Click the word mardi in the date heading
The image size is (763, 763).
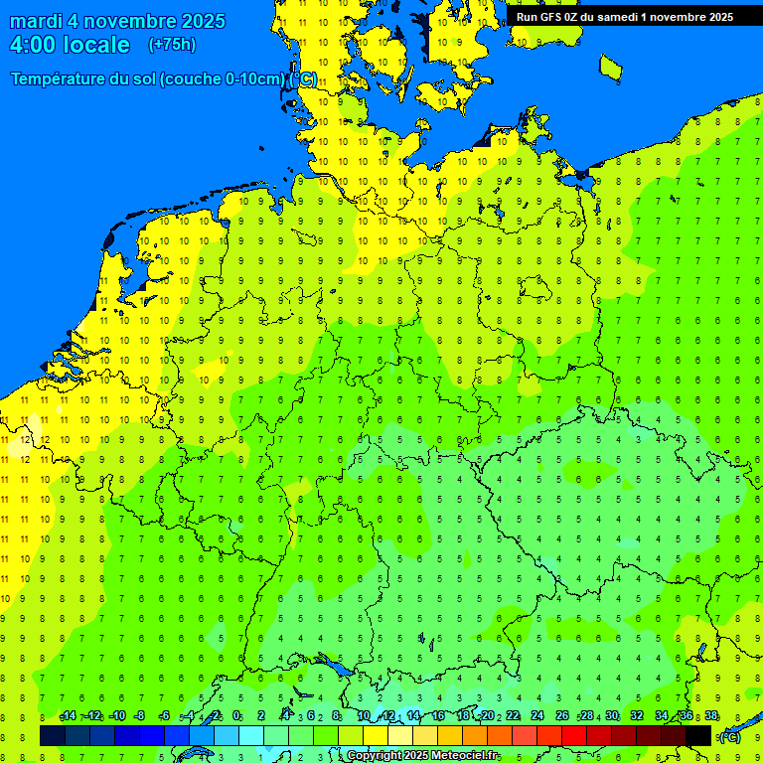tap(36, 21)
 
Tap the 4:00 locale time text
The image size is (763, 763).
tap(70, 45)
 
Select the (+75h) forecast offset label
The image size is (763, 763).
tap(172, 45)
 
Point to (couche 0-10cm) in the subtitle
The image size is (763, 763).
tap(224, 79)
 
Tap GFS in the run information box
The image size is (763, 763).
tap(554, 16)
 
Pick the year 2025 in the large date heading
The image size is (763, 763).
tap(198, 21)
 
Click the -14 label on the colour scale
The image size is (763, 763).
tap(68, 716)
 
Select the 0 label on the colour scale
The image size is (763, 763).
tap(236, 716)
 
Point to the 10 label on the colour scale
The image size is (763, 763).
tap(364, 716)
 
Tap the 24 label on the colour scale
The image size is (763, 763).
tap(537, 716)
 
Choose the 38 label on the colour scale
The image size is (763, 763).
tap(711, 716)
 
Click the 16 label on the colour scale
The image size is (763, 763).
tap(438, 716)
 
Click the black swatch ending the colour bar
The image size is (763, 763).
tap(698, 735)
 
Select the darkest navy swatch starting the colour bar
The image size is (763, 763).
tap(53, 735)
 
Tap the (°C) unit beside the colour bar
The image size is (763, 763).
tap(730, 736)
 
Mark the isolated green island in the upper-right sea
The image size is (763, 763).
tap(610, 67)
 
